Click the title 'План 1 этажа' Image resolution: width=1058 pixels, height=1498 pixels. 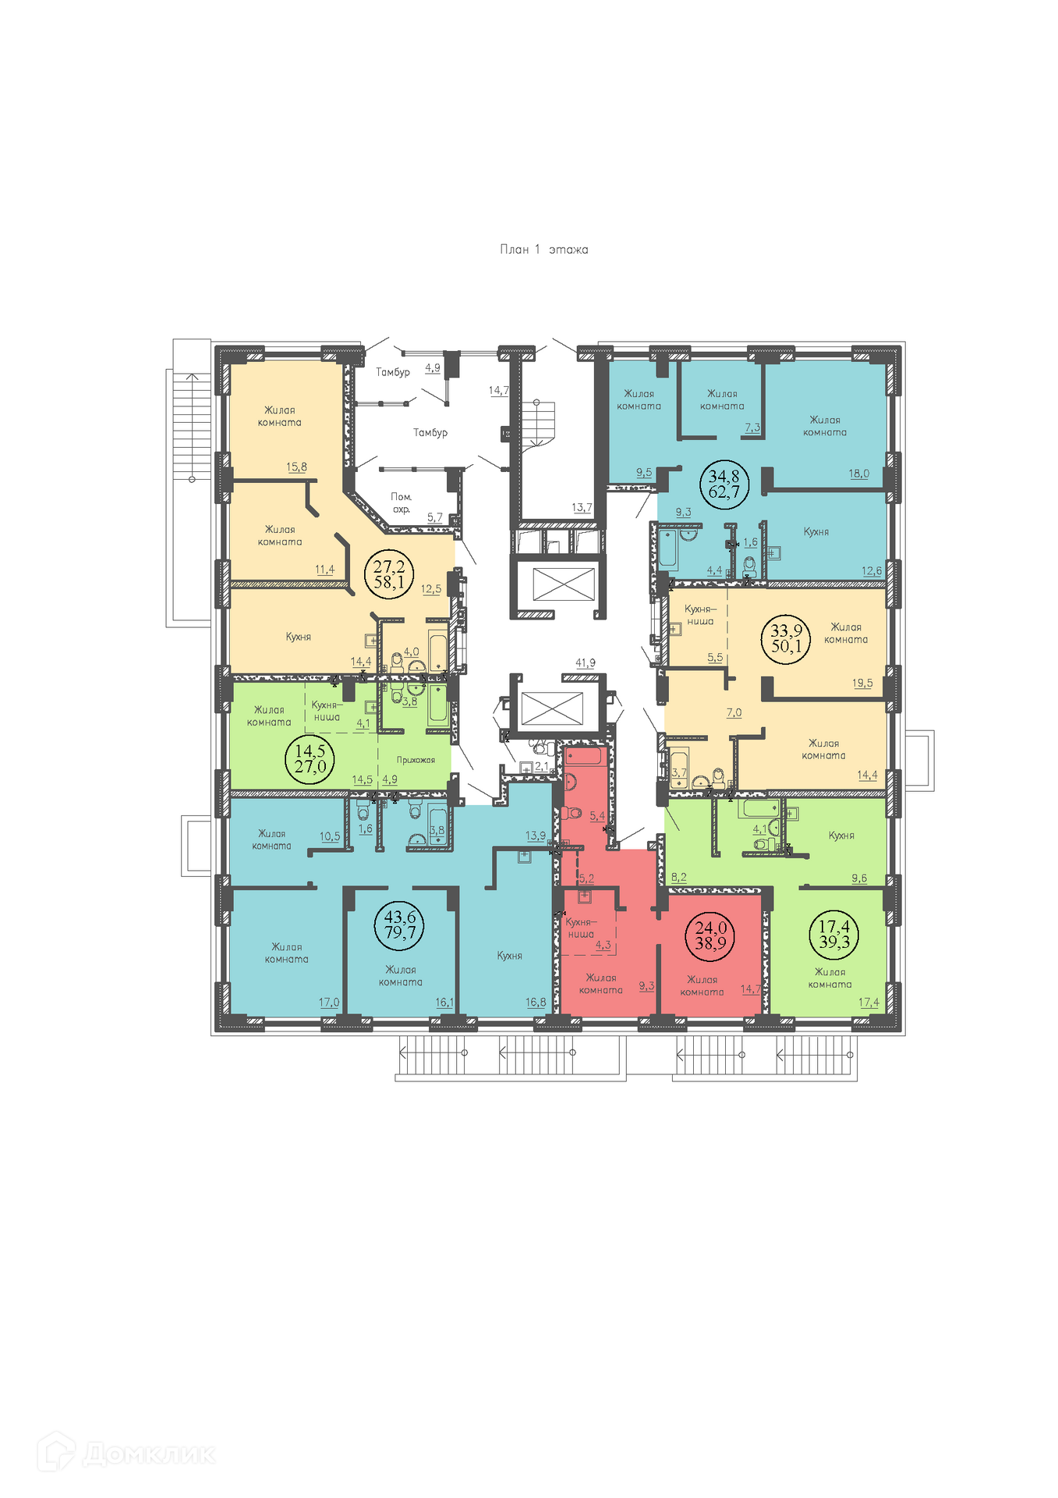(543, 250)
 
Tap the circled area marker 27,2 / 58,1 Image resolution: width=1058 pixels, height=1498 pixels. (389, 573)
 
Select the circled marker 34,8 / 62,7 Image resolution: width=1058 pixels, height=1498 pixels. (724, 484)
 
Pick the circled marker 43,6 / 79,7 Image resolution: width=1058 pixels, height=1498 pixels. (400, 925)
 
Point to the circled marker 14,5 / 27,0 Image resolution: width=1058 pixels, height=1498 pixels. (310, 758)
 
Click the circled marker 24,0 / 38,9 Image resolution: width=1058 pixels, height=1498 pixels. (711, 935)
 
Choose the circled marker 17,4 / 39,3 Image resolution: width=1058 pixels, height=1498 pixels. (834, 934)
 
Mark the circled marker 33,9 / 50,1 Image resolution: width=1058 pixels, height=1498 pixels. (786, 638)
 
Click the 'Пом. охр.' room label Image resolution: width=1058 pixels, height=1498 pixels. (402, 503)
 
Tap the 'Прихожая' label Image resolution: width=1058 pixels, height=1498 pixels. (416, 760)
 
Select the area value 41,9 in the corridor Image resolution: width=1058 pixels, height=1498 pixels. (586, 663)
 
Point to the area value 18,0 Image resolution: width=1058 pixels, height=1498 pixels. (859, 474)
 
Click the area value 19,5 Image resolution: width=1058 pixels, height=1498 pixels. (862, 683)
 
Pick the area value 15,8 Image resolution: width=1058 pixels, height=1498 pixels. (297, 467)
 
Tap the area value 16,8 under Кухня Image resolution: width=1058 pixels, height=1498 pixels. (536, 1003)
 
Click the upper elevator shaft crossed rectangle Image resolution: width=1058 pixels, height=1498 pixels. (563, 584)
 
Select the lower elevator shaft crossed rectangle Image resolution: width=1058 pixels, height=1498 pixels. (551, 708)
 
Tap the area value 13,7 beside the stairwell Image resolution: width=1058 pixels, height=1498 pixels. (582, 507)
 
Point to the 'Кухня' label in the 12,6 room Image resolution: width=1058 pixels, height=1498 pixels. (816, 532)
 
